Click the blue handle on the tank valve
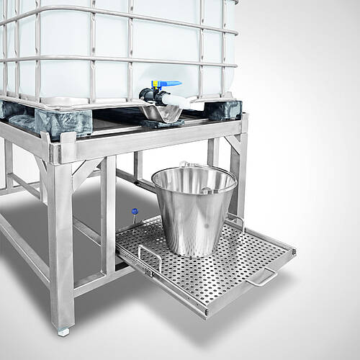coord(167,84)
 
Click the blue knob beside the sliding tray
coord(134,212)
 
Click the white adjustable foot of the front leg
coord(63,332)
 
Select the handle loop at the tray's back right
coord(235,219)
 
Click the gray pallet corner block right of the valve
coord(225,109)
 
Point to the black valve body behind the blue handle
coord(149,95)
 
